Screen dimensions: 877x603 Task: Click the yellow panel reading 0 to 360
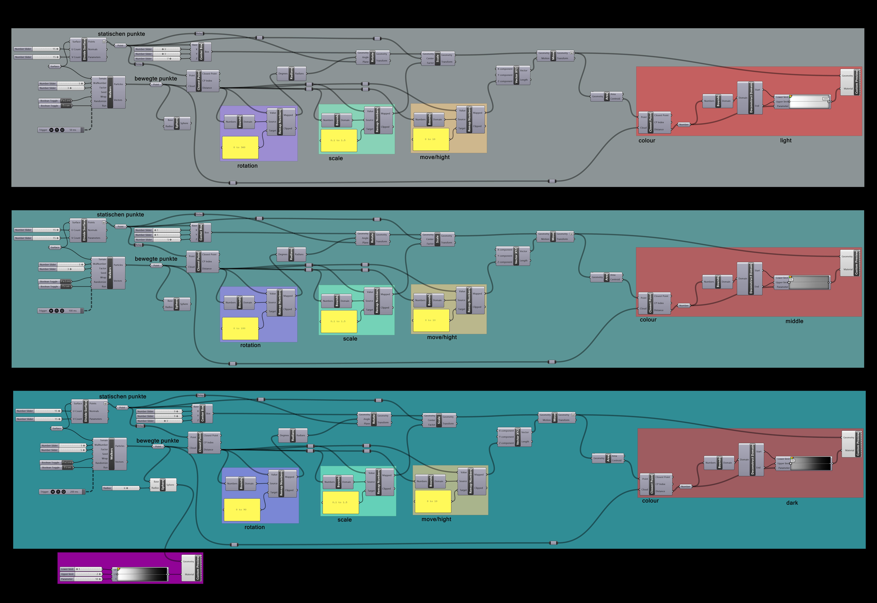[240, 147]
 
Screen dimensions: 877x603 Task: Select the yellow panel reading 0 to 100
[240, 328]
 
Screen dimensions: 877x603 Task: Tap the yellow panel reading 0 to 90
[242, 510]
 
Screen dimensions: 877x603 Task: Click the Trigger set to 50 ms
[60, 130]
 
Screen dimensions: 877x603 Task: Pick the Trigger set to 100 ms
[60, 311]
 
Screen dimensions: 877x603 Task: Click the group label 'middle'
[794, 321]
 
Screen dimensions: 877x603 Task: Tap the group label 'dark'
[792, 503]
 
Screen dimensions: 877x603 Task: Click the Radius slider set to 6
[121, 488]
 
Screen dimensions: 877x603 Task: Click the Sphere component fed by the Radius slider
[163, 485]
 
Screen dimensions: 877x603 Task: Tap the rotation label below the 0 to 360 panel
[248, 166]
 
